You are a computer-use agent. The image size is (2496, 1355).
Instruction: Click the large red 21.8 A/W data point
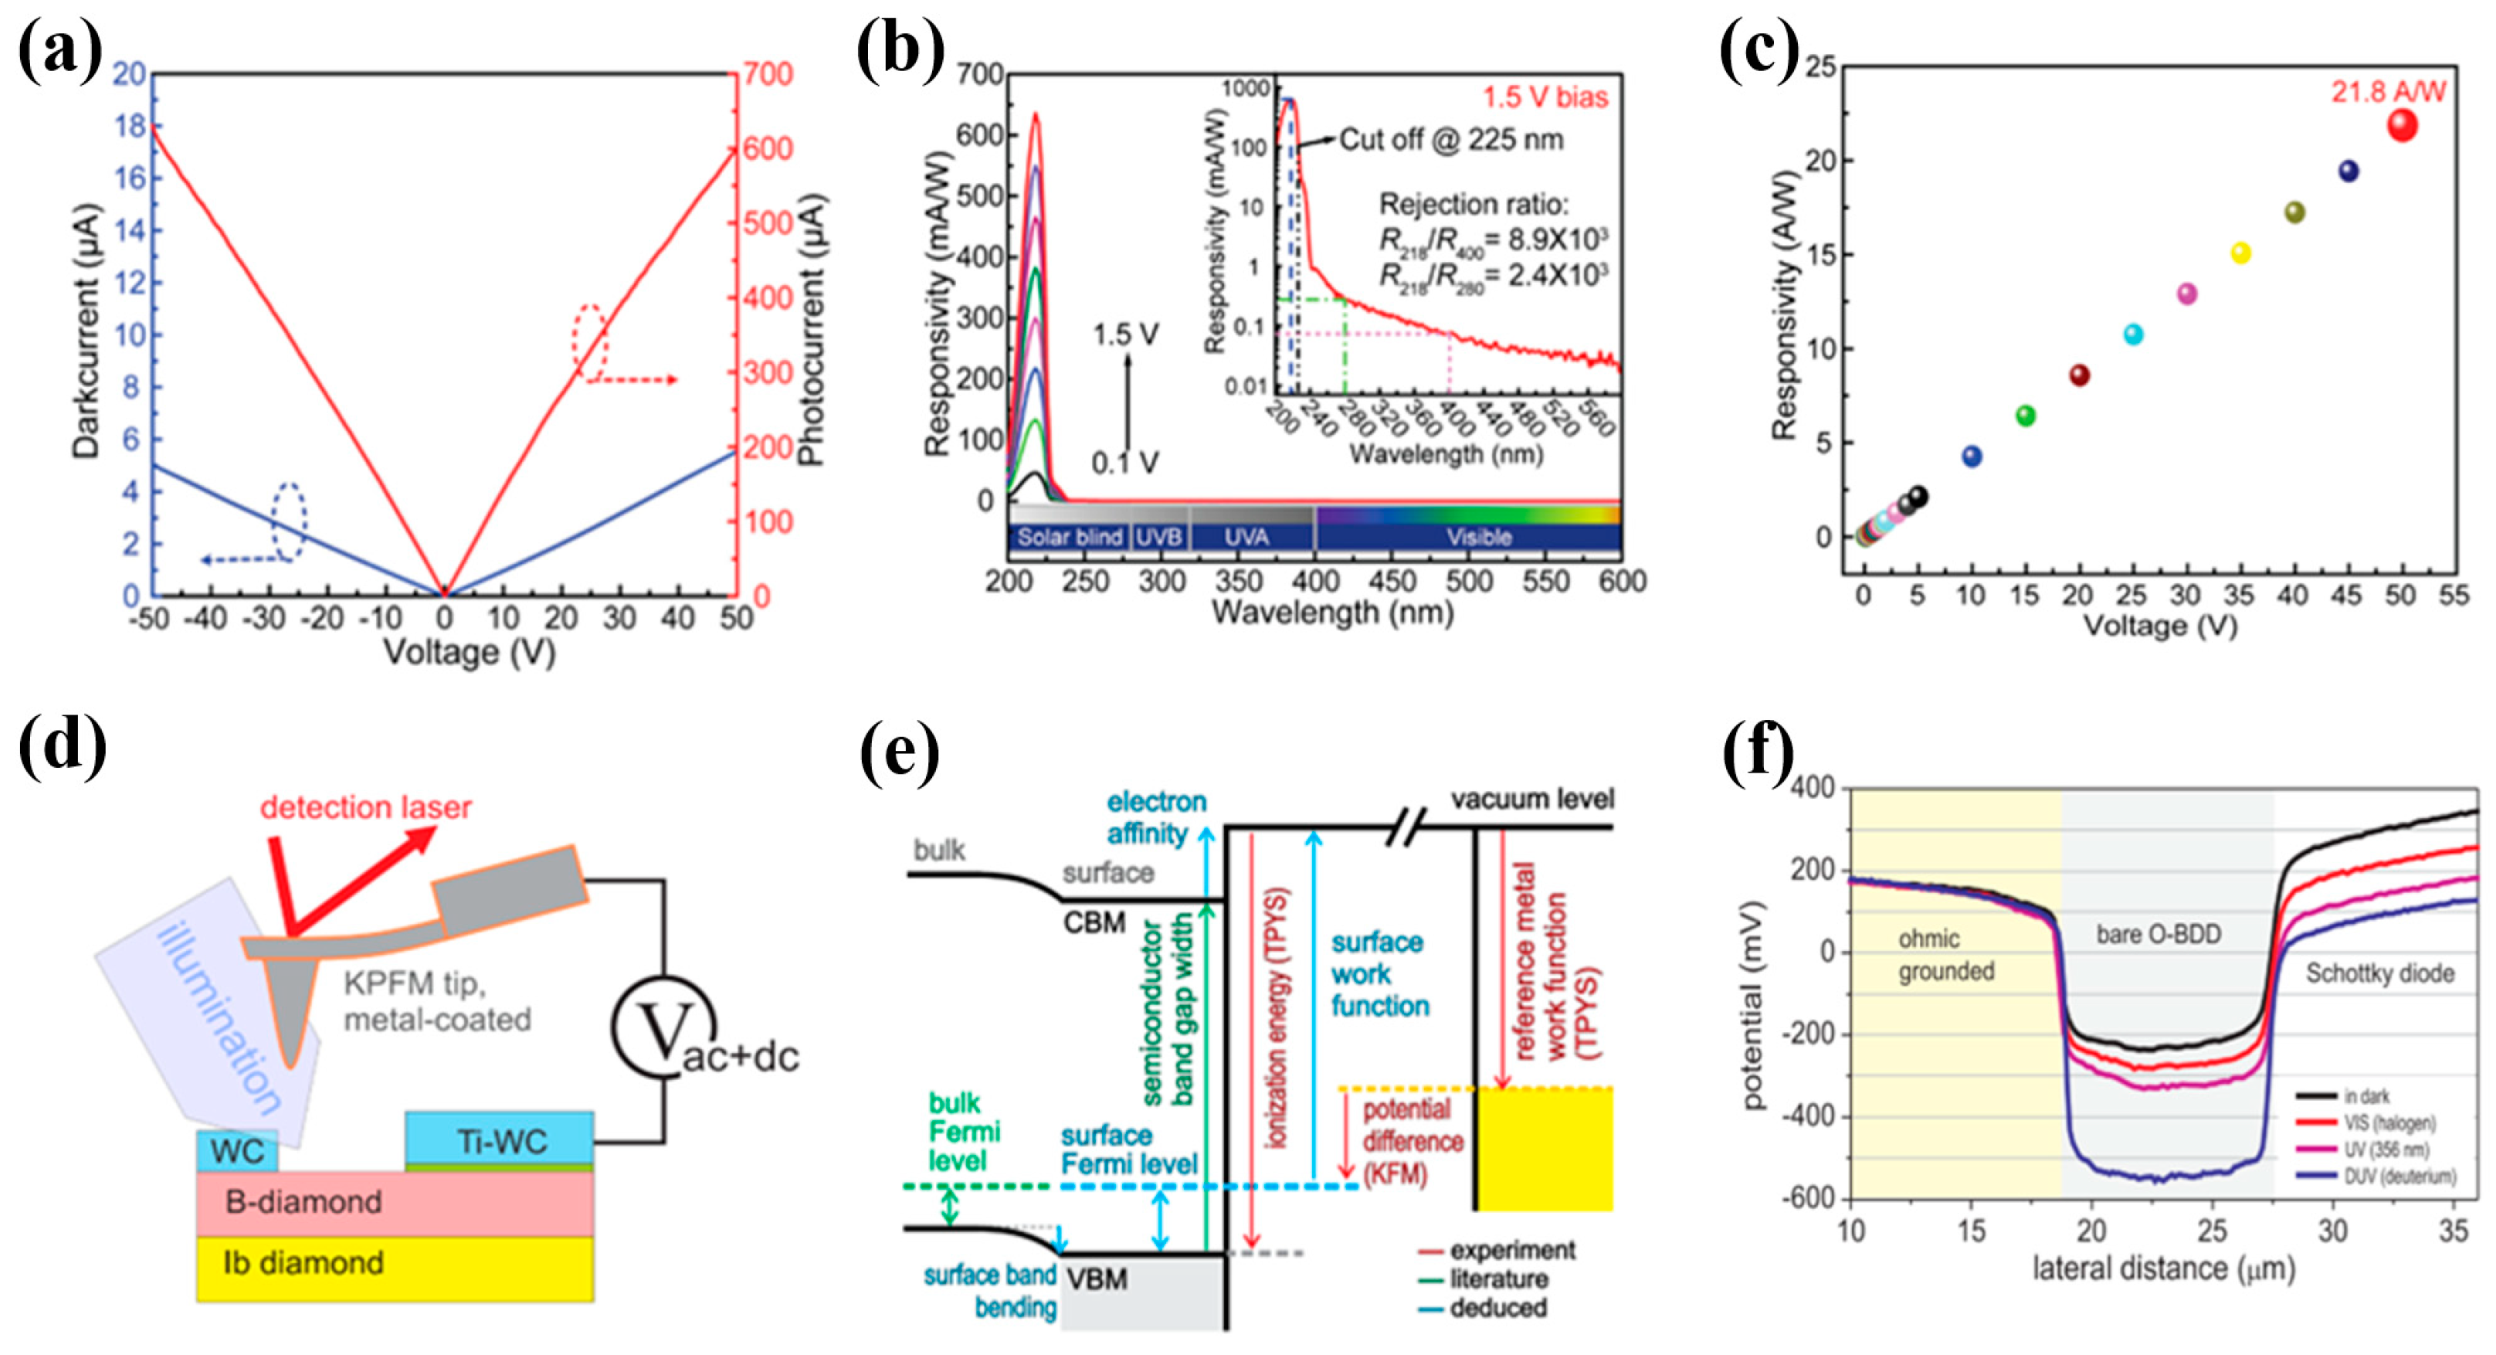click(x=2402, y=125)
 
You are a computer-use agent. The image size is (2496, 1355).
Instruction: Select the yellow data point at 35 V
click(x=2240, y=253)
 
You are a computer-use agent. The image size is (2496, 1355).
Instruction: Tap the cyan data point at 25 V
click(x=2133, y=335)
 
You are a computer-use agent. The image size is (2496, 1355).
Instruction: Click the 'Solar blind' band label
click(x=1069, y=537)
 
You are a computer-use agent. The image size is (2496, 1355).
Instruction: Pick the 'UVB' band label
click(x=1159, y=537)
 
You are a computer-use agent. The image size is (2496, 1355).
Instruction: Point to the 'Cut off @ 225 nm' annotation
click(x=1450, y=140)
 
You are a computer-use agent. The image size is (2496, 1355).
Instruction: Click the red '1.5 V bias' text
click(x=1545, y=97)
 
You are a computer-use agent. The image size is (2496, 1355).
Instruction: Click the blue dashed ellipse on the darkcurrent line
click(x=288, y=521)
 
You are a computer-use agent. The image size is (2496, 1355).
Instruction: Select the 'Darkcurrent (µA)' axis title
click(x=86, y=331)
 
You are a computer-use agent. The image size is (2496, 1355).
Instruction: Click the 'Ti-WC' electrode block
click(x=500, y=1141)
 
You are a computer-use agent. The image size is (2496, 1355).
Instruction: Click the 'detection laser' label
click(x=365, y=807)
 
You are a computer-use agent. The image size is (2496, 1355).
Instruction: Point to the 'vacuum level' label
click(x=1531, y=799)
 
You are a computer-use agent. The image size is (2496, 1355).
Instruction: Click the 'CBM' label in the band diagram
click(x=1094, y=922)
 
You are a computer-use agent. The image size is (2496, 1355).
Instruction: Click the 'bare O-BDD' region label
click(x=2158, y=933)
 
